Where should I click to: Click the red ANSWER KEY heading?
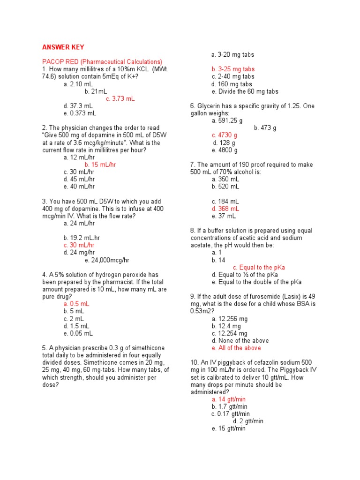point(63,47)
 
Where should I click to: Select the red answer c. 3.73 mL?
point(120,98)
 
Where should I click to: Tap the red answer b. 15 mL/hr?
point(100,165)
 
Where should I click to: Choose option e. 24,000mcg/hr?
point(107,260)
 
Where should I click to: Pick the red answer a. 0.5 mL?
point(76,304)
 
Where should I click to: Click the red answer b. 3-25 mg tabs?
point(233,69)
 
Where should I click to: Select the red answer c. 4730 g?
point(225,135)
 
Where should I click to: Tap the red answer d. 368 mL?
point(225,209)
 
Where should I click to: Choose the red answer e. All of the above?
point(236,348)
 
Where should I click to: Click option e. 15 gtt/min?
point(228,428)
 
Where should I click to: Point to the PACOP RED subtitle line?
point(102,62)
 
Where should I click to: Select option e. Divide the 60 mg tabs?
point(245,91)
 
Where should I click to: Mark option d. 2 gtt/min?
point(248,421)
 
